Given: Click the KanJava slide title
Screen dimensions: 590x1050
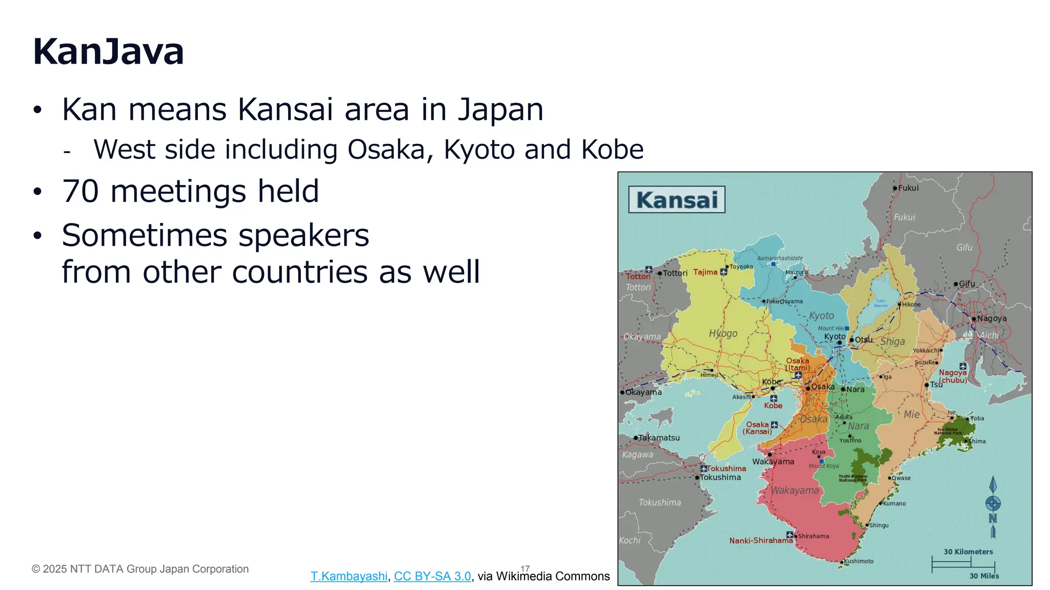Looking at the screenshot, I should tap(108, 52).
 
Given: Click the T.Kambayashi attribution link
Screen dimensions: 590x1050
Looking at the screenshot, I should tap(349, 576).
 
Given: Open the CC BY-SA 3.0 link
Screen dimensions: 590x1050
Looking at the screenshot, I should tap(432, 576).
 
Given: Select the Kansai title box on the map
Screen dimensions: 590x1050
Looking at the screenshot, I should tap(677, 200).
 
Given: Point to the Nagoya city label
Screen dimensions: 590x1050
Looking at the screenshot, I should tap(992, 319).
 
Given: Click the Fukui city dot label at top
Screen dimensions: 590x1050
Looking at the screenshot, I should tap(908, 188).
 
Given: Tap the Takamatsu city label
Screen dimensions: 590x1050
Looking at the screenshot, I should tap(659, 438).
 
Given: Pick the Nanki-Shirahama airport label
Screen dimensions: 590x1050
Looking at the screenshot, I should tap(761, 540).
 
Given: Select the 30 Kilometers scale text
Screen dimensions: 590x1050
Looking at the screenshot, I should tap(968, 552).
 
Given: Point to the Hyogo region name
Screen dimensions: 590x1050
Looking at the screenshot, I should tap(723, 333).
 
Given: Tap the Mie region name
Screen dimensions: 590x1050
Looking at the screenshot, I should tap(911, 414).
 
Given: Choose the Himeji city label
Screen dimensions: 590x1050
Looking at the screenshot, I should tap(710, 375).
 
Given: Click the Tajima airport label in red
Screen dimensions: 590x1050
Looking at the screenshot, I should tap(705, 272).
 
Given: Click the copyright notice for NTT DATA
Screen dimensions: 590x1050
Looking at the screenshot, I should tap(140, 569).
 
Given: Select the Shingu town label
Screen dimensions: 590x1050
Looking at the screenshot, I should tap(879, 525).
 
